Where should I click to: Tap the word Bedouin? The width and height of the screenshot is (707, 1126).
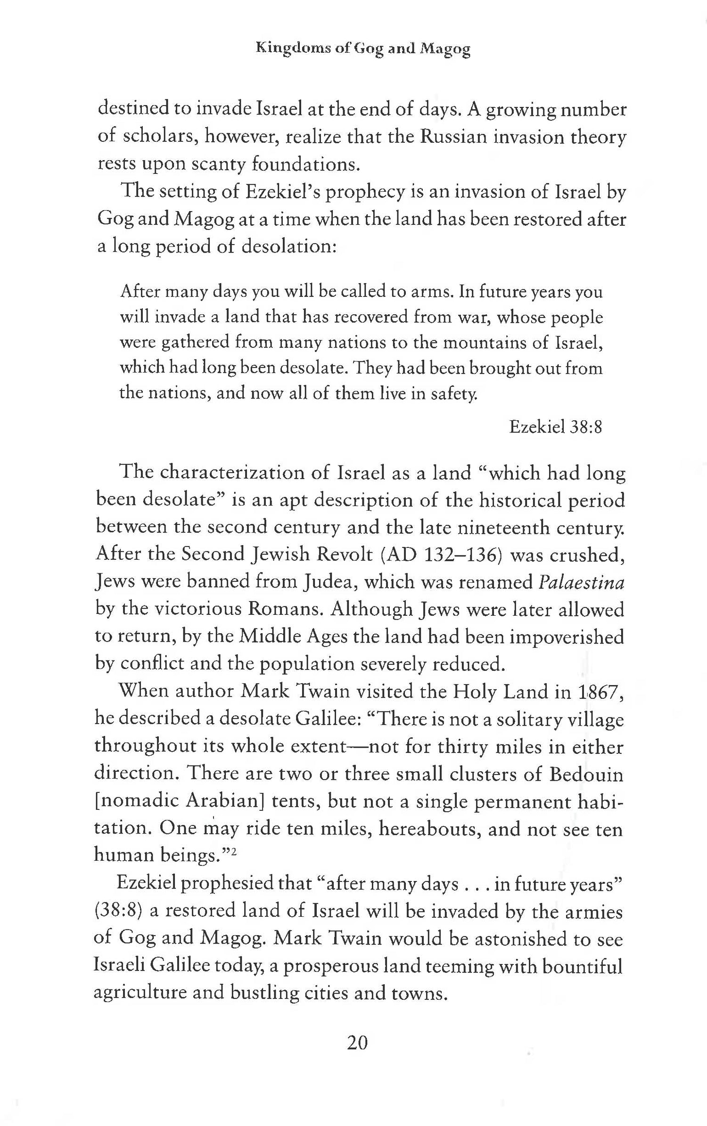point(586,775)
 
